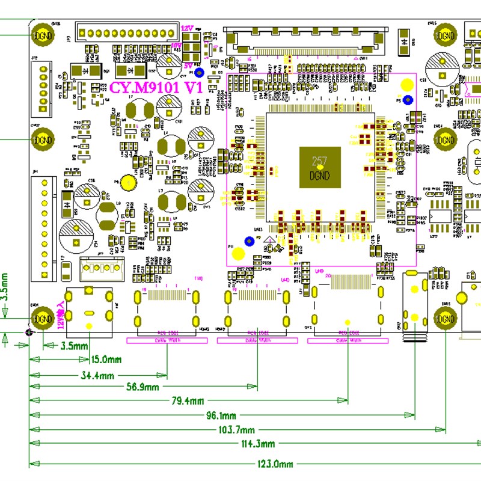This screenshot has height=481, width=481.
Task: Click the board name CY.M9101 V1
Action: point(155,87)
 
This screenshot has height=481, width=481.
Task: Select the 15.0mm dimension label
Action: point(106,360)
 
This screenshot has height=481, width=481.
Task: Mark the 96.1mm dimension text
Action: point(221,415)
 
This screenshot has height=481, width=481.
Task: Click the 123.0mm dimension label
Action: point(274,464)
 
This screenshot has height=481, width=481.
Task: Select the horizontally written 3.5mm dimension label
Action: point(75,346)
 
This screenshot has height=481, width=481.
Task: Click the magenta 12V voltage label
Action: point(186,28)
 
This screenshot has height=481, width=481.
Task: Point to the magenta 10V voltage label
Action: point(176,45)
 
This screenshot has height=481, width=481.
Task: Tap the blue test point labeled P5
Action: point(408,100)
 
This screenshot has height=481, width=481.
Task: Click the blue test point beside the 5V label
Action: point(200,73)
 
